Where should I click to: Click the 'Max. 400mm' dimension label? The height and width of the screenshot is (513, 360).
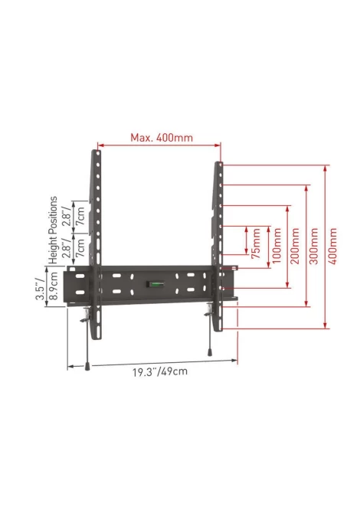click(x=162, y=137)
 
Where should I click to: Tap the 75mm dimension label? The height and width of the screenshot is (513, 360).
click(x=257, y=243)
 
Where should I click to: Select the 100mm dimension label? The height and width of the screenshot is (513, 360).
click(x=277, y=246)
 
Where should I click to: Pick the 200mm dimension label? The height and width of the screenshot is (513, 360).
click(x=295, y=246)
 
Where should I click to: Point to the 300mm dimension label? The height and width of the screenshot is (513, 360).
click(x=314, y=246)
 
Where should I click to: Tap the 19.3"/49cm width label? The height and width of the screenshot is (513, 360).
click(x=160, y=371)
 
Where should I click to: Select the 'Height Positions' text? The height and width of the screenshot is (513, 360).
click(x=53, y=230)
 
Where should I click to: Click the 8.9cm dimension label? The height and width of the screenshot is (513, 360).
click(x=53, y=286)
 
